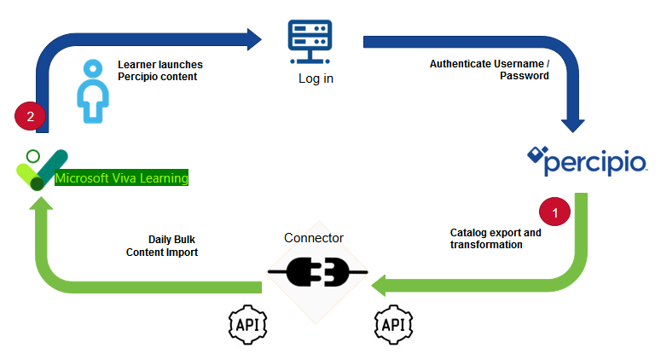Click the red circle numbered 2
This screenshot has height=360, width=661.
point(30,119)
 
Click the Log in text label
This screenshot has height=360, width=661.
point(316,78)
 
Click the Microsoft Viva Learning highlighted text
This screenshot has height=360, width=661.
point(121,178)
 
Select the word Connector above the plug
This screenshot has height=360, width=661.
point(314,238)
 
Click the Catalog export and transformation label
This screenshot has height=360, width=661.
point(496,238)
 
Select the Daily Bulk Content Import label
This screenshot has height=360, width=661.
point(161,246)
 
